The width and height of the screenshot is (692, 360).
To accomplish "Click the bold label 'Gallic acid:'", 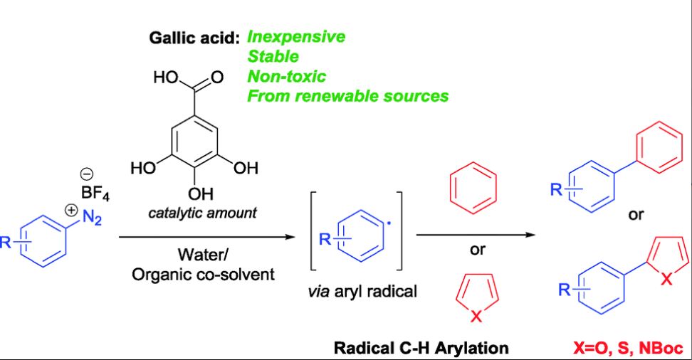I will (x=195, y=38).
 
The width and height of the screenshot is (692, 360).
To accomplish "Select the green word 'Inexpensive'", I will (x=295, y=37).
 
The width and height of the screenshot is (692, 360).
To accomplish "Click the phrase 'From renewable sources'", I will (x=347, y=95).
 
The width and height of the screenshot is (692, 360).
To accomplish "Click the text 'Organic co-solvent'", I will (x=203, y=274).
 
